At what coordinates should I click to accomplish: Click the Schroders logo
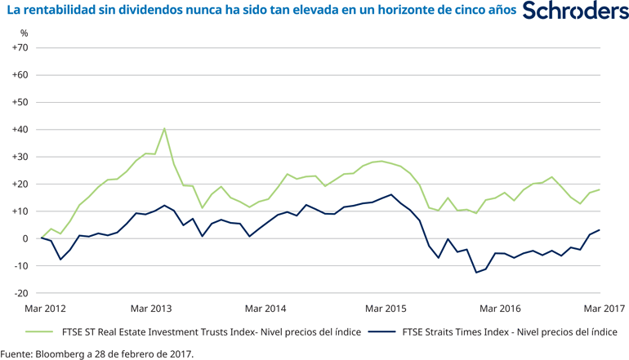574,12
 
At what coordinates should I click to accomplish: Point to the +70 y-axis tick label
20,48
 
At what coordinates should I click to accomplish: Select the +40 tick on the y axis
20,130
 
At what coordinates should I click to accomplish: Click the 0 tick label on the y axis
25,238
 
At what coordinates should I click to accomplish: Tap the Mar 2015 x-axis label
385,308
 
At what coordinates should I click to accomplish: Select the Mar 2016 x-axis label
499,308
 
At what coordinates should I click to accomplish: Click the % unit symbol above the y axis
24,33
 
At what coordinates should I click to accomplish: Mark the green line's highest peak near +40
164,128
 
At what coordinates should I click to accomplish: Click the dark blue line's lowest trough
476,273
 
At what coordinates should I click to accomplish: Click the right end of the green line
600,189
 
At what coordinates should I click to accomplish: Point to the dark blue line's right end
600,229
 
